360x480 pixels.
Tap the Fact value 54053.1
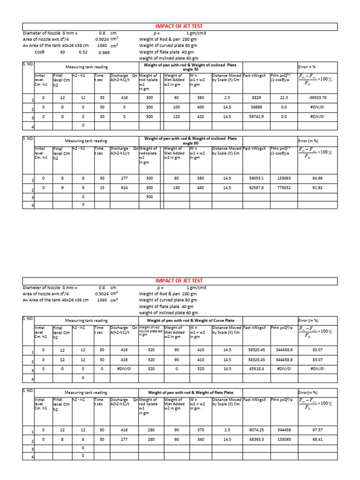256,179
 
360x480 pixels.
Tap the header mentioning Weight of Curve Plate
191,320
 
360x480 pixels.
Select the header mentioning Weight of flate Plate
191,392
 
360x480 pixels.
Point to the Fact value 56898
256,107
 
